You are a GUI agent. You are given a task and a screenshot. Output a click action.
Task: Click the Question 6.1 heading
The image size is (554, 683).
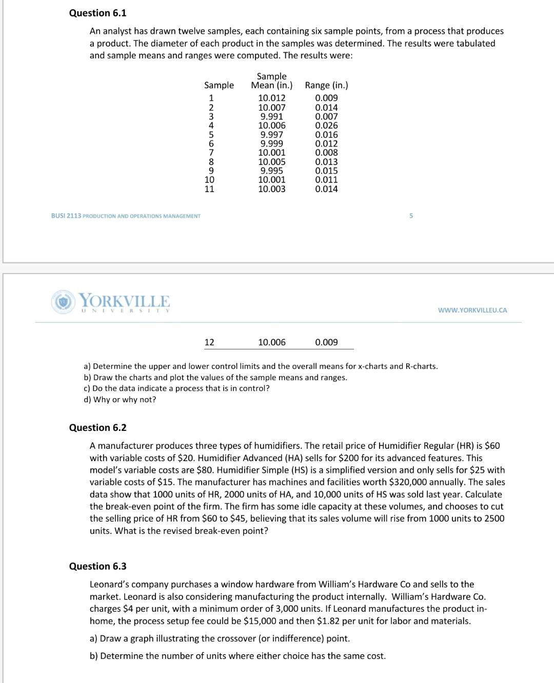point(97,13)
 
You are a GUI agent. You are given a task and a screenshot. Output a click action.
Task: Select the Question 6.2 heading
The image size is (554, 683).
point(97,428)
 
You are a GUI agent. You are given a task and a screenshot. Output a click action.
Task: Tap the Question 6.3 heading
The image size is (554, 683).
point(97,566)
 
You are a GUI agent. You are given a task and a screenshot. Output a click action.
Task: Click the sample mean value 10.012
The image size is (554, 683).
point(271,98)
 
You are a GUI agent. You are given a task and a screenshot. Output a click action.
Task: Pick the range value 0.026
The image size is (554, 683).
point(326,126)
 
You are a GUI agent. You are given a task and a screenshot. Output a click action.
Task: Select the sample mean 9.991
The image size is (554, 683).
point(271,116)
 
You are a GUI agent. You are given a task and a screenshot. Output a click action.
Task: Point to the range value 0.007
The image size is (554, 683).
point(326,116)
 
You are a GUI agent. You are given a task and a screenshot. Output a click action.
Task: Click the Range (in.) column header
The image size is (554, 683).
point(326,86)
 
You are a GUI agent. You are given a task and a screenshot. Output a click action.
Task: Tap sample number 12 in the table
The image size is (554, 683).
point(209,342)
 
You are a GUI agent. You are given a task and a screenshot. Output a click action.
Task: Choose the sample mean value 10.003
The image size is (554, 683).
point(271,189)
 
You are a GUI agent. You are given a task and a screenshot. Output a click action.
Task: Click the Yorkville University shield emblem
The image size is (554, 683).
point(62,302)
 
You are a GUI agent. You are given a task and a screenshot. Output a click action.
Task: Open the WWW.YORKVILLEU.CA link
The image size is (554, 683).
point(472,310)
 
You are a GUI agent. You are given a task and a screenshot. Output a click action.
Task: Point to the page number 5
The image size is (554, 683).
point(411,216)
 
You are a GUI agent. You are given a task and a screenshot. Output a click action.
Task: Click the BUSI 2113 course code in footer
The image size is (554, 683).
point(66,216)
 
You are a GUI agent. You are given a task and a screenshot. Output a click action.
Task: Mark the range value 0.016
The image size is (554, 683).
point(326,135)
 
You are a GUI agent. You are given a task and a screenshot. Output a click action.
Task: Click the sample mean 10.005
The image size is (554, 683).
point(271,162)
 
